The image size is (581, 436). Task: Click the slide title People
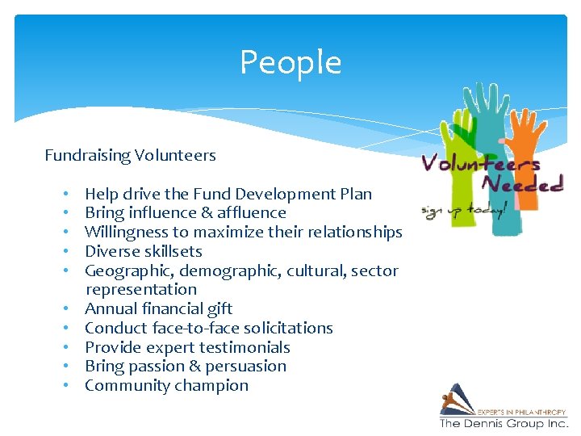point(290,62)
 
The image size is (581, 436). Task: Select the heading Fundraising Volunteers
point(130,155)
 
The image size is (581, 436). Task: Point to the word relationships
point(349,233)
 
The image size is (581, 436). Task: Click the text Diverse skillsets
point(143,251)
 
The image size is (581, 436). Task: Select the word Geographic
point(123,270)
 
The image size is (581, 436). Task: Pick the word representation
point(141,289)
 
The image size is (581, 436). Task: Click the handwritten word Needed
point(522,182)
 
